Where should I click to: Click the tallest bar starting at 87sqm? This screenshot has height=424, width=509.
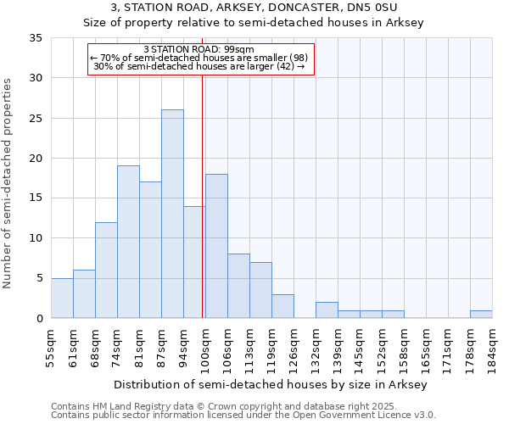[172, 214]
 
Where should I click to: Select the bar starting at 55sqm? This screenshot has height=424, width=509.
[62, 298]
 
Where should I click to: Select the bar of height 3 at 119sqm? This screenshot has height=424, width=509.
[282, 306]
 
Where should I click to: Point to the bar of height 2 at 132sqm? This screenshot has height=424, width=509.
[327, 310]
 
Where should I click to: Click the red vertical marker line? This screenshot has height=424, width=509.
[203, 195]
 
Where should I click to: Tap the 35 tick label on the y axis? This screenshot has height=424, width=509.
[35, 38]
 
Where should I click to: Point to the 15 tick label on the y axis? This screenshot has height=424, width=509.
[35, 198]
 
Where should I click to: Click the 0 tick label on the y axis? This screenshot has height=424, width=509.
[38, 318]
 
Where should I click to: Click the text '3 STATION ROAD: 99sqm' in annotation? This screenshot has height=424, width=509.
[200, 49]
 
